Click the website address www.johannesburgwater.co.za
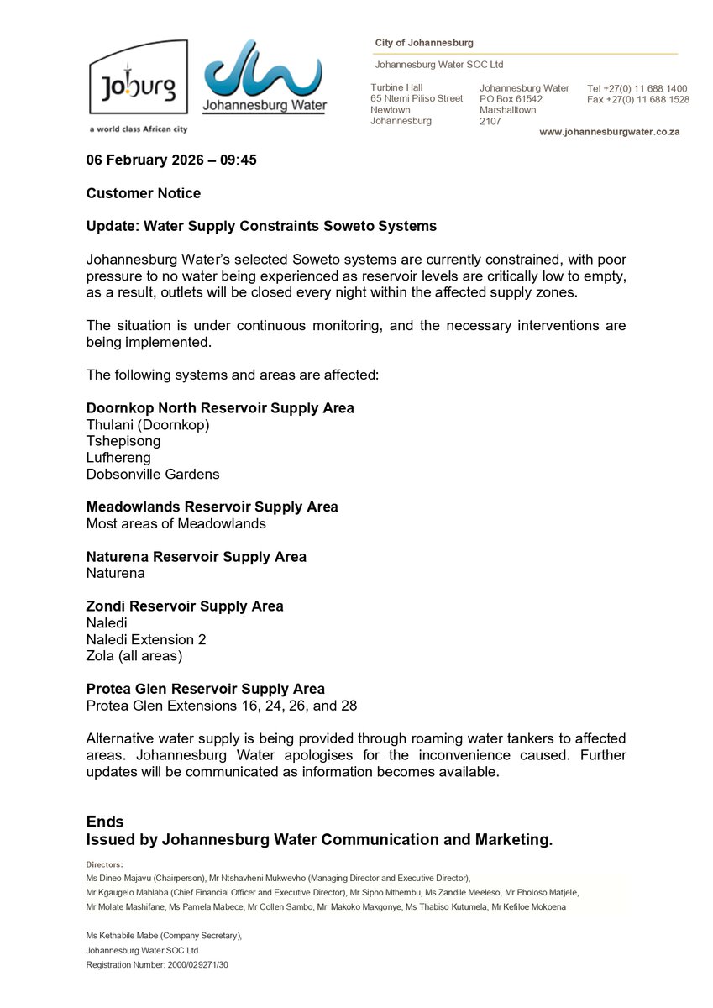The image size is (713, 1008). pyautogui.click(x=609, y=132)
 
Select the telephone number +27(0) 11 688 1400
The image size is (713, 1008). pyautogui.click(x=637, y=88)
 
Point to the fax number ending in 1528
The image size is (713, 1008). pyautogui.click(x=637, y=99)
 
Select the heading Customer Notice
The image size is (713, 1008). pyautogui.click(x=144, y=193)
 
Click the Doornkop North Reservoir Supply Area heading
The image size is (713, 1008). pyautogui.click(x=220, y=408)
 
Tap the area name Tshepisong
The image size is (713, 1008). pyautogui.click(x=123, y=441)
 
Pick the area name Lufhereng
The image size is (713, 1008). pyautogui.click(x=118, y=458)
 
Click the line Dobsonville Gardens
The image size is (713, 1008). pyautogui.click(x=153, y=474)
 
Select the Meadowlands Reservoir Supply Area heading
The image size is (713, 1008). pyautogui.click(x=212, y=507)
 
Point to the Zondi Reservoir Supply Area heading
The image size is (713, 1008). pyautogui.click(x=185, y=606)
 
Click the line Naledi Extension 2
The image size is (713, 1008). pyautogui.click(x=146, y=639)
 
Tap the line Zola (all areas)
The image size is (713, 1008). pyautogui.click(x=134, y=656)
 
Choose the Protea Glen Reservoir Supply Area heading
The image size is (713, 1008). pyautogui.click(x=206, y=689)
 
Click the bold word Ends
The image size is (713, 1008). pyautogui.click(x=105, y=822)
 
